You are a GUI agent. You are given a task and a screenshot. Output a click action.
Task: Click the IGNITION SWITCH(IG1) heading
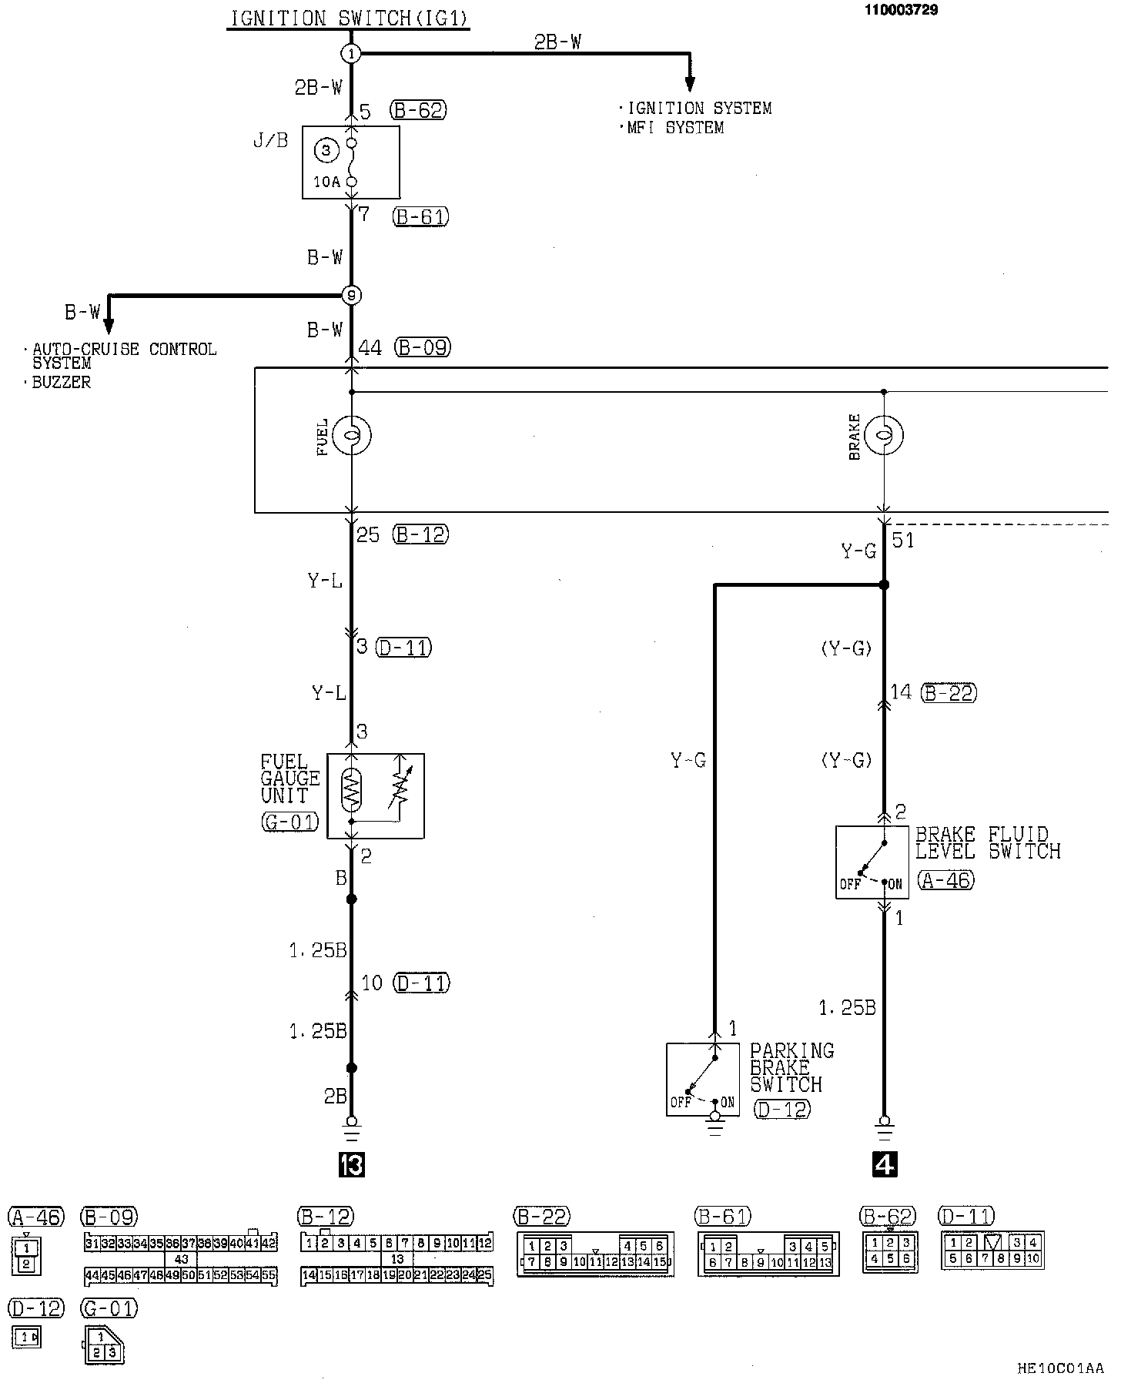pyautogui.click(x=349, y=18)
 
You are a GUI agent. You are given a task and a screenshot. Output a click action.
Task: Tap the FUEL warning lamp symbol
pyautogui.click(x=351, y=436)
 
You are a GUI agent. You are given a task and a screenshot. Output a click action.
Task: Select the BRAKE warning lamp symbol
pyautogui.click(x=884, y=435)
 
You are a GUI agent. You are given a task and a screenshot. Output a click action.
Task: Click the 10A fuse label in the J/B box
pyautogui.click(x=326, y=182)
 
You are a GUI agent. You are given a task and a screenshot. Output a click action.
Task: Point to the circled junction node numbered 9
pyautogui.click(x=351, y=295)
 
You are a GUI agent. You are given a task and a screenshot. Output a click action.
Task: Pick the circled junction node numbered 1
pyautogui.click(x=351, y=53)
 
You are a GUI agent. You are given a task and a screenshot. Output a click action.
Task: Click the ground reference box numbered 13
pyautogui.click(x=351, y=1165)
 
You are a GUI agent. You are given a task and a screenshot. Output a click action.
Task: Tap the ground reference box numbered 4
pyautogui.click(x=885, y=1165)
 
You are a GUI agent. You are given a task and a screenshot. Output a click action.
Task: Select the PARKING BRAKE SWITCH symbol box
pyautogui.click(x=702, y=1080)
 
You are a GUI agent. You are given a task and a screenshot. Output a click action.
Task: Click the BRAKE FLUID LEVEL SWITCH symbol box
pyautogui.click(x=872, y=862)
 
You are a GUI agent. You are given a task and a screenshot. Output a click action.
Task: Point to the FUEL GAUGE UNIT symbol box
pyautogui.click(x=376, y=795)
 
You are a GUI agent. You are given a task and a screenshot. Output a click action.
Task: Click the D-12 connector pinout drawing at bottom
pyautogui.click(x=26, y=1338)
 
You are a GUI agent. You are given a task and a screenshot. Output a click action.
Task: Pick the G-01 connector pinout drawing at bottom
pyautogui.click(x=103, y=1344)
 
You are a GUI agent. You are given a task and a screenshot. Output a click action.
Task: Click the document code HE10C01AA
pyautogui.click(x=1060, y=1368)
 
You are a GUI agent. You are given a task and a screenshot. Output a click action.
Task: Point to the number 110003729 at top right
pyautogui.click(x=900, y=10)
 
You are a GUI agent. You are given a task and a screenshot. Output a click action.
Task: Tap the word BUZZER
pyautogui.click(x=61, y=383)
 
